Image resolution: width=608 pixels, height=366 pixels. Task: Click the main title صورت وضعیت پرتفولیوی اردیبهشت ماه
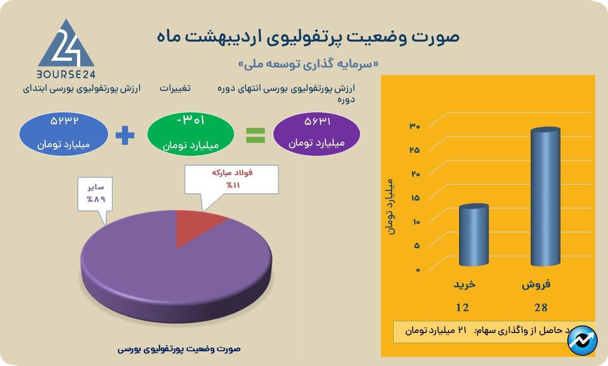point(307,37)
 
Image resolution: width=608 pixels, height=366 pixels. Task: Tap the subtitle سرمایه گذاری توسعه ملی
point(308,64)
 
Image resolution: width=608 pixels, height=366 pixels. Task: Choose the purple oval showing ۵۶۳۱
point(316,133)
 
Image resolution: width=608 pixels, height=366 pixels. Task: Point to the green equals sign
point(255,135)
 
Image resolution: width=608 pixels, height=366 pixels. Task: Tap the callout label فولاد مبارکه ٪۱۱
point(232,179)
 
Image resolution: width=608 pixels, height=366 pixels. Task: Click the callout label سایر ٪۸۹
point(95,193)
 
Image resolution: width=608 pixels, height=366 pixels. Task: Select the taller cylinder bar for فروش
point(545,198)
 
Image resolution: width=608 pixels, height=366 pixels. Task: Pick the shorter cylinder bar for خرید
point(473,236)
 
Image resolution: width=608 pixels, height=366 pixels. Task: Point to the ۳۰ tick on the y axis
point(414,126)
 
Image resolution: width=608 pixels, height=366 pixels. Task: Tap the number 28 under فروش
point(540,307)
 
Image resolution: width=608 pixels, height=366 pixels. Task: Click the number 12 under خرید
point(462,307)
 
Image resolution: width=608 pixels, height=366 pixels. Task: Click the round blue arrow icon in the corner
point(583,343)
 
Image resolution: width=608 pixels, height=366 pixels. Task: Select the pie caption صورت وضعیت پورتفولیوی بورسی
point(179,349)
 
